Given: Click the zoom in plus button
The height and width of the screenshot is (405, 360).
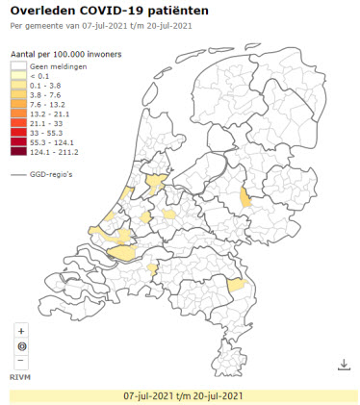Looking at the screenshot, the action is tap(21, 331).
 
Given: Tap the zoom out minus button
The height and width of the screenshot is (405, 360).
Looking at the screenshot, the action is tap(21, 361).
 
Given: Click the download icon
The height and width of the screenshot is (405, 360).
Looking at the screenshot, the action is tap(344, 365).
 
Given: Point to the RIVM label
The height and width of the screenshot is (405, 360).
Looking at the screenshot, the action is tap(19, 377).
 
